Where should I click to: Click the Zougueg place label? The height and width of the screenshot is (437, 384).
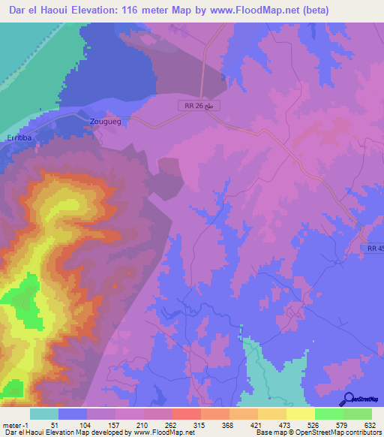pos(105,120)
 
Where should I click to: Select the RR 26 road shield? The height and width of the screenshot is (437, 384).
pos(202,107)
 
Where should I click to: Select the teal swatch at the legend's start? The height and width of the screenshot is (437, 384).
pos(44,414)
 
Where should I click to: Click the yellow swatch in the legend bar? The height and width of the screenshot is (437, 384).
pos(300,414)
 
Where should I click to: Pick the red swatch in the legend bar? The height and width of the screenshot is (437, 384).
pos(186,414)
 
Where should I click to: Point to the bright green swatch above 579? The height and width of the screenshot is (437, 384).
pos(328,414)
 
